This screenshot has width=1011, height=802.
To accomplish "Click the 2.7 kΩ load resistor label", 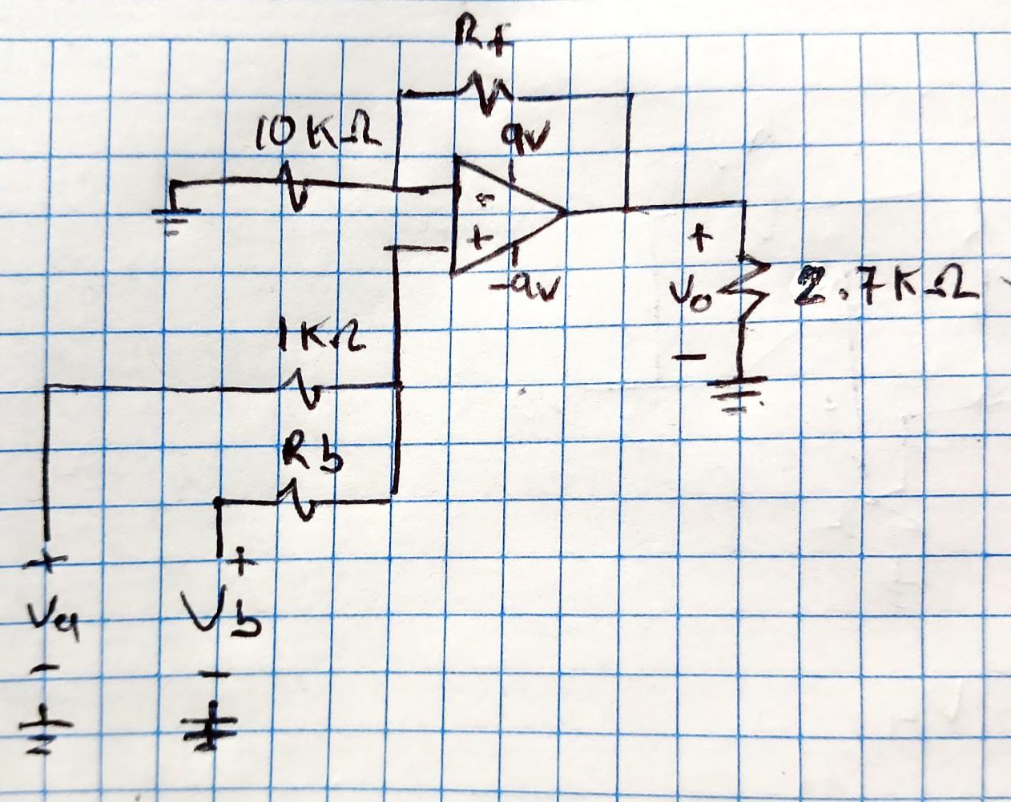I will [x=884, y=290].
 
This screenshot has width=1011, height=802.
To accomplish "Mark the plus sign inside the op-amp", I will [x=478, y=237].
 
